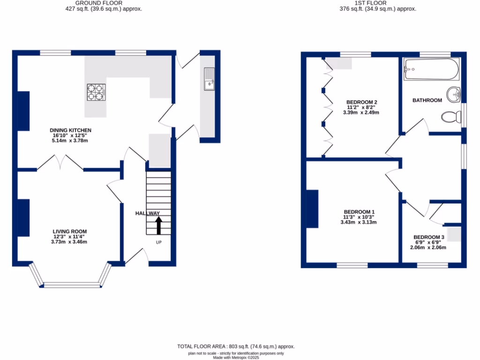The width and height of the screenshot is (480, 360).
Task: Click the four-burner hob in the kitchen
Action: tap(96, 92)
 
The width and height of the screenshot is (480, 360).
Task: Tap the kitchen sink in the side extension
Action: tap(209, 79)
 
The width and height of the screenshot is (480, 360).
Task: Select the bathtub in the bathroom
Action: tap(431, 69)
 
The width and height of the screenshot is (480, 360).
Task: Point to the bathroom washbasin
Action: tap(453, 95)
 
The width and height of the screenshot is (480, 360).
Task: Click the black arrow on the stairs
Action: tap(158, 225)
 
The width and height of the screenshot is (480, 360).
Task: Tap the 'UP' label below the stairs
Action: tap(158, 242)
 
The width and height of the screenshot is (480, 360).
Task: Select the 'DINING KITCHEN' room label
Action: tap(70, 130)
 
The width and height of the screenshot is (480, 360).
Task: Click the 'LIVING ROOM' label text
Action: tap(70, 232)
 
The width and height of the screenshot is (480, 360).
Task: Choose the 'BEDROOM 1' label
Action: tap(359, 212)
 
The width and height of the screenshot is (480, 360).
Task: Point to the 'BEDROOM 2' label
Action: tap(361, 102)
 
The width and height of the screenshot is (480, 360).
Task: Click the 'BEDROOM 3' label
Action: tap(428, 237)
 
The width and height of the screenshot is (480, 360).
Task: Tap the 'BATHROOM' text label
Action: tap(427, 100)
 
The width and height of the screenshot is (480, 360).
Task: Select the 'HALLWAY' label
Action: tap(148, 213)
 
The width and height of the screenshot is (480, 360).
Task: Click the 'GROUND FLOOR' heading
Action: tap(103, 3)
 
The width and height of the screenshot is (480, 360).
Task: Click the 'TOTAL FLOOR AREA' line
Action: tap(236, 346)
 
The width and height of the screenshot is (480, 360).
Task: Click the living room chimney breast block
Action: tap(24, 217)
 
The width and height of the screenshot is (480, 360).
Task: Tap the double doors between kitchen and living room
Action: tap(60, 163)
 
